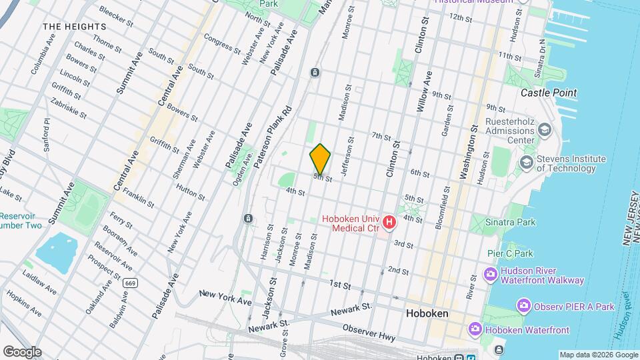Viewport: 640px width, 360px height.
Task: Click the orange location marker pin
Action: tap(320, 159)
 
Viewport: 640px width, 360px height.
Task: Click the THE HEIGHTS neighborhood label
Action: tap(74, 27)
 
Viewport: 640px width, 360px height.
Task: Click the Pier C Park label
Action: tap(510, 253)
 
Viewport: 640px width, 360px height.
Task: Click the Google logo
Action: tap(22, 351)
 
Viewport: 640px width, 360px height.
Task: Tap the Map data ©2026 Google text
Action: tap(598, 355)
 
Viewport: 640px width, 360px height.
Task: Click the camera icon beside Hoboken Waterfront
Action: tap(475, 329)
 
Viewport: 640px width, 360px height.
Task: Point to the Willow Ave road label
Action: tap(425, 91)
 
